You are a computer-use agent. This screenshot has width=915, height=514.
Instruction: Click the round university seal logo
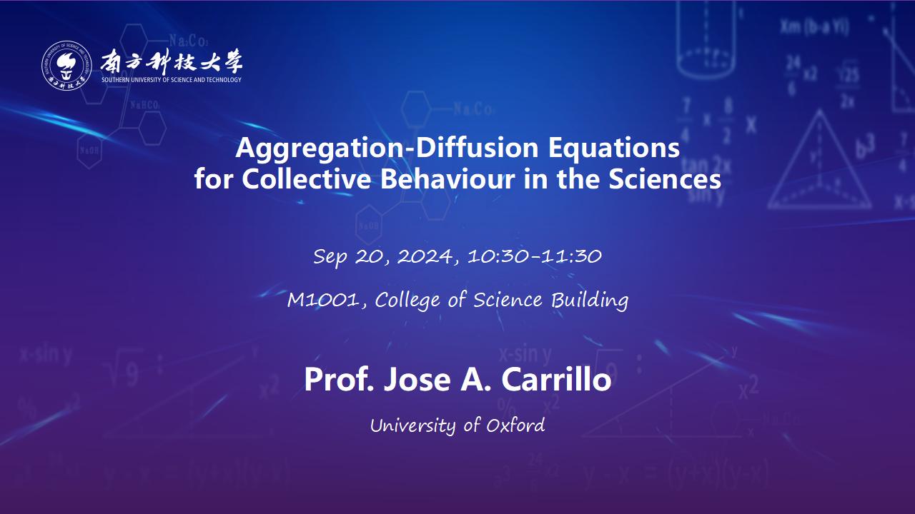(x=66, y=65)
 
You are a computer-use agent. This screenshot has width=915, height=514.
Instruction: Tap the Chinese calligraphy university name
(x=172, y=62)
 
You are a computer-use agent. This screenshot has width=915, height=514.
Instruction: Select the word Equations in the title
(x=614, y=148)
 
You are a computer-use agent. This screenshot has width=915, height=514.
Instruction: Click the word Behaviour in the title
(x=447, y=179)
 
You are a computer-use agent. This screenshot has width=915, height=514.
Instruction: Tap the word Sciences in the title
(x=665, y=179)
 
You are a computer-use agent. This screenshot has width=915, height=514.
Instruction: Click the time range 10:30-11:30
(x=535, y=256)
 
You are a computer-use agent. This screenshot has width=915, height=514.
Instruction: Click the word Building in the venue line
(x=590, y=301)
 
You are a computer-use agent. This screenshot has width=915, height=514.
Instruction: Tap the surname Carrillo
(x=556, y=380)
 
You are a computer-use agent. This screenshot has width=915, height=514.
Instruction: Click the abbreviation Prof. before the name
(x=339, y=380)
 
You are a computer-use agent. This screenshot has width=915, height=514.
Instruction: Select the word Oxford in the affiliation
(x=515, y=425)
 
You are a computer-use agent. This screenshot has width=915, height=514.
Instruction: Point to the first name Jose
(x=417, y=380)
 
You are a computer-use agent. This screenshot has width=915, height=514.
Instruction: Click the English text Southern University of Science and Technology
(x=172, y=80)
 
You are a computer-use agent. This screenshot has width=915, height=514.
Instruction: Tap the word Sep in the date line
(x=330, y=257)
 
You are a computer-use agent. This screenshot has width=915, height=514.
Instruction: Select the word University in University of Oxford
(x=413, y=426)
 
